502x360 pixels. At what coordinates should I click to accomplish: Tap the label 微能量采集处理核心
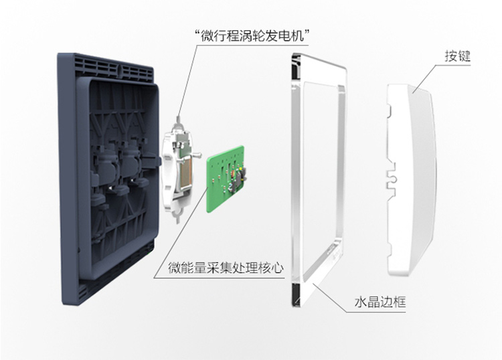tap(226, 268)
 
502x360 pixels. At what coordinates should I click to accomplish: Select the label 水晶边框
tap(380, 302)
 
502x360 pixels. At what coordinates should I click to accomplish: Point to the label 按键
tap(458, 56)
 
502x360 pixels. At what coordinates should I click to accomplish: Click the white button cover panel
tap(412, 179)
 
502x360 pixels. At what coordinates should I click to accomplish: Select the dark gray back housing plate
tap(109, 179)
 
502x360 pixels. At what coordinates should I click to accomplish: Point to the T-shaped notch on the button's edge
tap(392, 179)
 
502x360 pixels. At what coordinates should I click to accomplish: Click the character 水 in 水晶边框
tap(361, 302)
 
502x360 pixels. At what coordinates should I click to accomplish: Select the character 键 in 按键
tap(465, 56)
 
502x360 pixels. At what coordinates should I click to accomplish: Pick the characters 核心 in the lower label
tap(270, 268)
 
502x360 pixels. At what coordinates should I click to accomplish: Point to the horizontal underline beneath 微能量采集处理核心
tap(219, 278)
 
